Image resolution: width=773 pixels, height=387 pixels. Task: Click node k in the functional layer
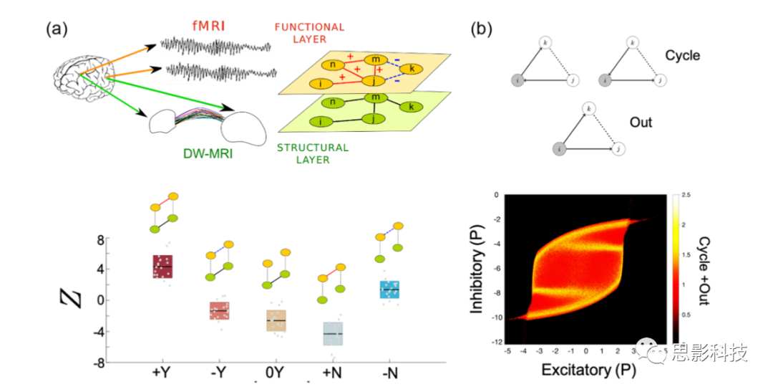(x=411, y=70)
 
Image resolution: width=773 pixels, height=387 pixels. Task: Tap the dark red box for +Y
(x=162, y=266)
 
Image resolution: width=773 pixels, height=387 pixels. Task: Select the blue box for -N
(x=390, y=290)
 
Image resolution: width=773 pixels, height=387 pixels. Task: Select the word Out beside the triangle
(x=641, y=123)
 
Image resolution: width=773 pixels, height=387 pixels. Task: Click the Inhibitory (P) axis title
(x=475, y=269)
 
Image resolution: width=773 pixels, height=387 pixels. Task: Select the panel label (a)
(x=57, y=29)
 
